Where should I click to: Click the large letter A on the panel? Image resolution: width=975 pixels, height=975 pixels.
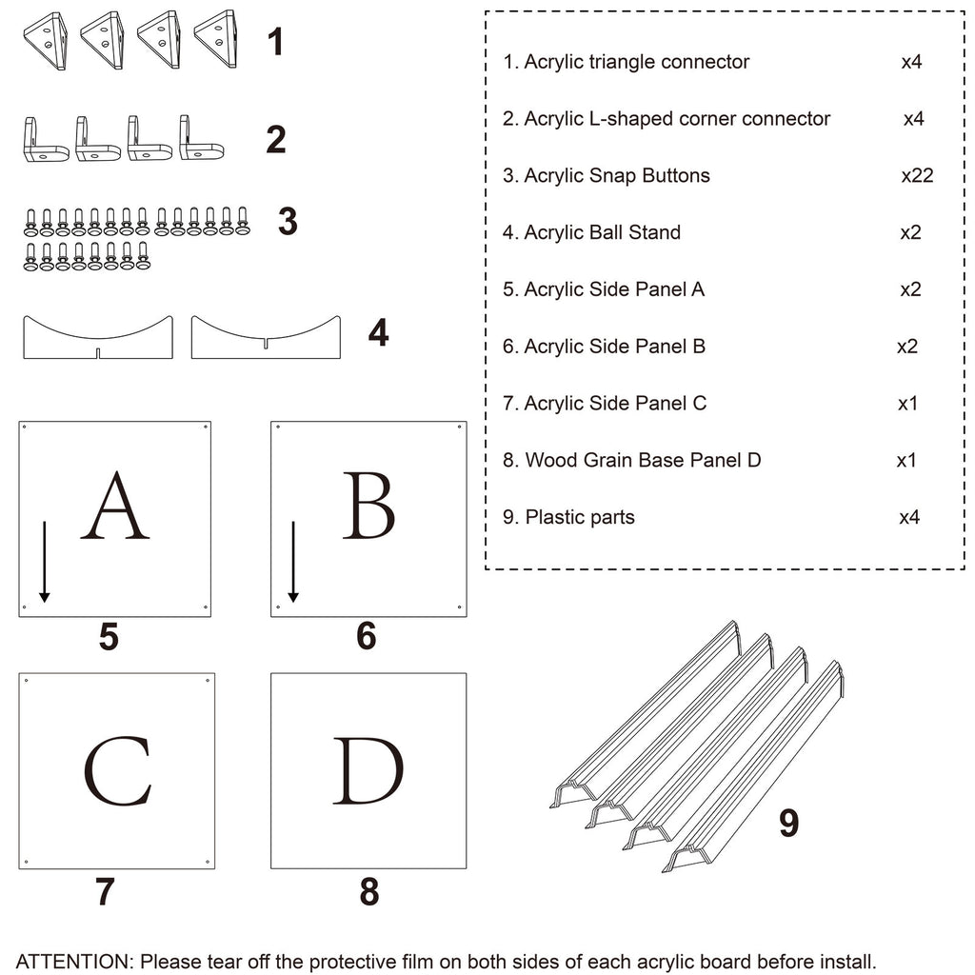pyautogui.click(x=115, y=506)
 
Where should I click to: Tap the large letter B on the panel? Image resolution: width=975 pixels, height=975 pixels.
pyautogui.click(x=368, y=506)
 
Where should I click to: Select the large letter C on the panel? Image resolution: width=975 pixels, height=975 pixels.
pyautogui.click(x=117, y=771)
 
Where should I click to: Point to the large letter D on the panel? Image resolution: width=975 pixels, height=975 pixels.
pyautogui.click(x=368, y=771)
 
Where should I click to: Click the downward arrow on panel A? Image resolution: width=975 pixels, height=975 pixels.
pyautogui.click(x=44, y=562)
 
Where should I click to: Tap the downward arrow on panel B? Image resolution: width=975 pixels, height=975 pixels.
pyautogui.click(x=293, y=562)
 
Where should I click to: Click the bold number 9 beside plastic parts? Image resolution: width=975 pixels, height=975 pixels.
pyautogui.click(x=788, y=823)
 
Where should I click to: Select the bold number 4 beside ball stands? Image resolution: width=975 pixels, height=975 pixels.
pyautogui.click(x=378, y=333)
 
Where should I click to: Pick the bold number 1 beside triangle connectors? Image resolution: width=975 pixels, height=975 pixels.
pyautogui.click(x=275, y=43)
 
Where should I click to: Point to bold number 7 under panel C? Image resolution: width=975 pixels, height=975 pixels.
pyautogui.click(x=105, y=892)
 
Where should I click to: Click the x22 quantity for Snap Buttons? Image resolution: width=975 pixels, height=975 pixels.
pyautogui.click(x=917, y=175)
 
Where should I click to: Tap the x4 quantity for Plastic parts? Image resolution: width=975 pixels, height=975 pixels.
pyautogui.click(x=910, y=517)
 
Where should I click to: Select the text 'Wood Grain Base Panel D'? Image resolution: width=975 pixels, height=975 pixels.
pyautogui.click(x=643, y=461)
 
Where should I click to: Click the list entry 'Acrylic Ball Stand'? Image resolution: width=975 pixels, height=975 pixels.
pyautogui.click(x=602, y=232)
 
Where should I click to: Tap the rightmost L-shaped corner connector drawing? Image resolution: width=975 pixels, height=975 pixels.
pyautogui.click(x=201, y=140)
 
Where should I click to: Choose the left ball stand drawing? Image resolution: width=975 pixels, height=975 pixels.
pyautogui.click(x=98, y=338)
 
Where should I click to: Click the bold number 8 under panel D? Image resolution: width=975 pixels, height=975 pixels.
pyautogui.click(x=369, y=892)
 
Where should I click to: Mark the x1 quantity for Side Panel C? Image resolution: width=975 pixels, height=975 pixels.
pyautogui.click(x=907, y=404)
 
